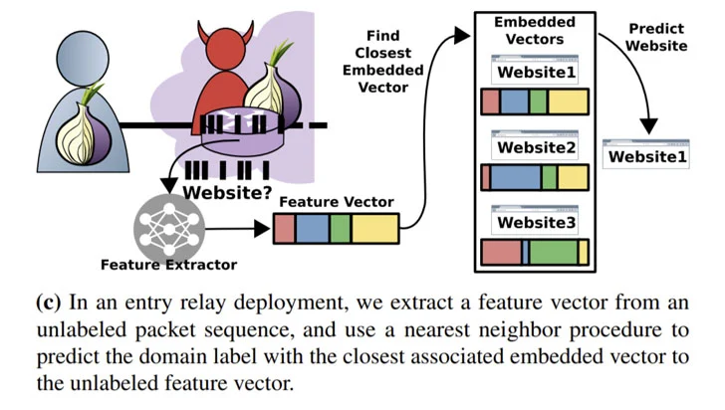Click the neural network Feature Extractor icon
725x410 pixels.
tap(167, 224)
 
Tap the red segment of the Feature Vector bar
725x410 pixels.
tap(284, 228)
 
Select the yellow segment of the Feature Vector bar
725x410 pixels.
tap(374, 228)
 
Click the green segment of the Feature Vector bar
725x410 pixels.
tap(340, 228)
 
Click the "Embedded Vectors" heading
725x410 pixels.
tap(536, 30)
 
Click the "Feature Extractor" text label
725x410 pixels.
tap(168, 265)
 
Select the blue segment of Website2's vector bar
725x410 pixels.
tap(515, 177)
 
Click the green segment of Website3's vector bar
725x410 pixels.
tap(553, 252)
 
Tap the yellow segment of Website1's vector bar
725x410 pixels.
tap(569, 102)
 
